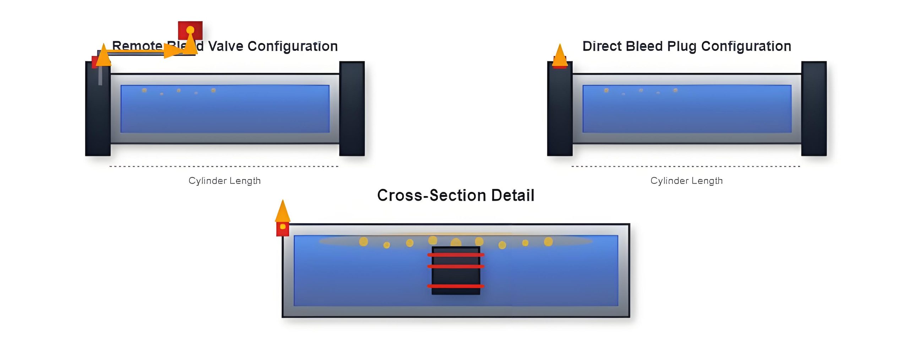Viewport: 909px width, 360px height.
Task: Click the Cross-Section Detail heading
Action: (456, 195)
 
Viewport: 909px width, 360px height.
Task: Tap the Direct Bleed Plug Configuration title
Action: (687, 46)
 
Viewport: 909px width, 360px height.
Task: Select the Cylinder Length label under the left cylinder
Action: (224, 181)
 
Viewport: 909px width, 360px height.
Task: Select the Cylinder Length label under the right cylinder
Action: (686, 181)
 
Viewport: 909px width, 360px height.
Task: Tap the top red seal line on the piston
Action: (456, 255)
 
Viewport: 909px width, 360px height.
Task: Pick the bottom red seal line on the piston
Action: (456, 286)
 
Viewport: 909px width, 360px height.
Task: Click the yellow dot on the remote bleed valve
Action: (190, 29)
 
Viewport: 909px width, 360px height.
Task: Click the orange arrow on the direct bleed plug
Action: (560, 55)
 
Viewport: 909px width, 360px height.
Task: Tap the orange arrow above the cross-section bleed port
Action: (283, 211)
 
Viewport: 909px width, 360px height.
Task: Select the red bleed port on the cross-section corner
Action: (283, 229)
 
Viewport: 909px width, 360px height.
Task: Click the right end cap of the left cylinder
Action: (352, 109)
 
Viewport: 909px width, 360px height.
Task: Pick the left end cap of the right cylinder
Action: (560, 110)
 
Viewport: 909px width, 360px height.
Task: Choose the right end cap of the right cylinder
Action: (814, 109)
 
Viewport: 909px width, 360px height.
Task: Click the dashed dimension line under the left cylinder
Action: (224, 166)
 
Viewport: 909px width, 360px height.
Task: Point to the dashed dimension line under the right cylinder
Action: (686, 166)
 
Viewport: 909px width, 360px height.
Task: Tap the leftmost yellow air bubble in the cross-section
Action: (363, 242)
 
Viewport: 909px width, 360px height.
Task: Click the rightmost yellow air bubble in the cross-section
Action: (548, 242)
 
